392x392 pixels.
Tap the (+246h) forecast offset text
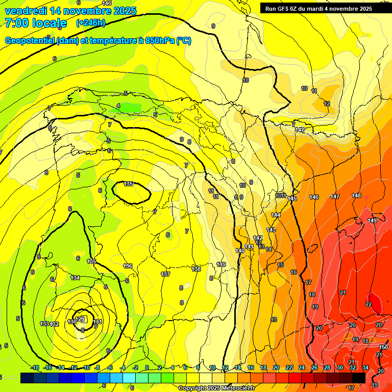(x=90, y=22)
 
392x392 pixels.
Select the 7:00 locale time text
(x=36, y=23)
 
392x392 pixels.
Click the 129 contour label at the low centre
(x=80, y=320)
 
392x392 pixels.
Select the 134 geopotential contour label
(x=75, y=278)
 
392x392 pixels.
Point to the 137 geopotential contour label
(x=165, y=274)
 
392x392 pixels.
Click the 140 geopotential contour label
(x=240, y=251)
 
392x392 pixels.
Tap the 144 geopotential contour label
(x=276, y=215)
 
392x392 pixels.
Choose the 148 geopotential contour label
(x=356, y=195)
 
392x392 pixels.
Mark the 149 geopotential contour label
(x=372, y=220)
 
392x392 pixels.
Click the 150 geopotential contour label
(x=384, y=347)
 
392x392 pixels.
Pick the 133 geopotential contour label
(x=44, y=324)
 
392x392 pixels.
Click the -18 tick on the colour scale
(x=35, y=367)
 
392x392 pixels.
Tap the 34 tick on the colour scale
(x=365, y=367)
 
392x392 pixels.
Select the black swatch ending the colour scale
(x=358, y=378)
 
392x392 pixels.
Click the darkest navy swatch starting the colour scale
(x=27, y=378)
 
